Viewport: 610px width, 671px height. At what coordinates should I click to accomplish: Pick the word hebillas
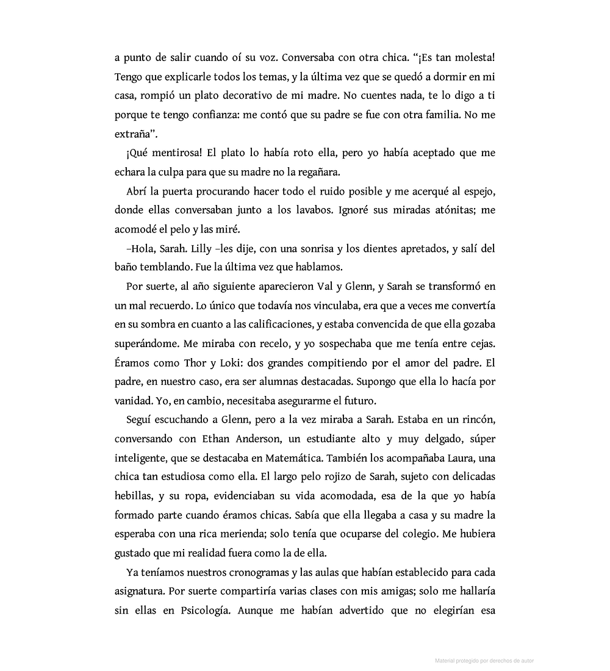tap(132, 496)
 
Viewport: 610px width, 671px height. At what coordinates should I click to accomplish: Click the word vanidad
tap(132, 401)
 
